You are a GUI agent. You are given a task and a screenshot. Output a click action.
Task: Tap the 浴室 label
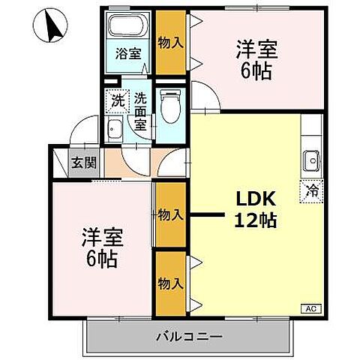coord(128,53)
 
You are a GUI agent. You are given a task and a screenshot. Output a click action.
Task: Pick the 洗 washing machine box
coord(118,99)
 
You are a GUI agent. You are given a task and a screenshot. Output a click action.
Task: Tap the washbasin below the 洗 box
coord(116,129)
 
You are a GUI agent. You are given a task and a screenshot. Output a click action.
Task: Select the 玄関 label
coord(79,161)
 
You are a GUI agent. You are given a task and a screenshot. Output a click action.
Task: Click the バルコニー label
coord(188,335)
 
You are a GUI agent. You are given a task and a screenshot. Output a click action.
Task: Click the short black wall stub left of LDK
coord(205,216)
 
